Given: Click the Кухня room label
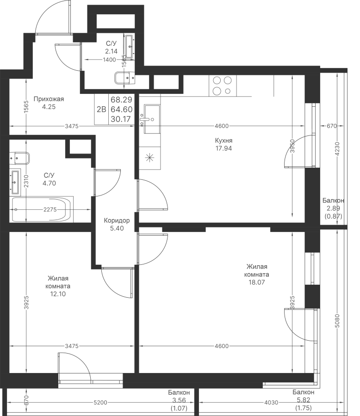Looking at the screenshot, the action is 223,141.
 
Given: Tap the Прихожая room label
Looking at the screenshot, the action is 49,99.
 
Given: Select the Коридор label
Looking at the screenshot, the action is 117,220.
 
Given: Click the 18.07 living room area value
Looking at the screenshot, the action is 256,282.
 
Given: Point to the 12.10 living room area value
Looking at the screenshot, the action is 58,294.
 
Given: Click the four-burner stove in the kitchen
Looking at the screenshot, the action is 223,86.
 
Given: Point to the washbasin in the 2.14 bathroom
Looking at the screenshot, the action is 130,46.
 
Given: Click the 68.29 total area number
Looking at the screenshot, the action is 121,100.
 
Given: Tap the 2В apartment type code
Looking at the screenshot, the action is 101,109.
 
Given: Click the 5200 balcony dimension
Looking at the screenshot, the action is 100,403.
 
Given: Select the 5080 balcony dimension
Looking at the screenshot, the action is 337,321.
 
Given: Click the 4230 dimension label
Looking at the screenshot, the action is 337,149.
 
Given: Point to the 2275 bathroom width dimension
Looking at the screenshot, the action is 50,209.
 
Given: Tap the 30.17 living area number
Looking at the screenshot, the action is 121,119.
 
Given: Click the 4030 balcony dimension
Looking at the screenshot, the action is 271,403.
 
